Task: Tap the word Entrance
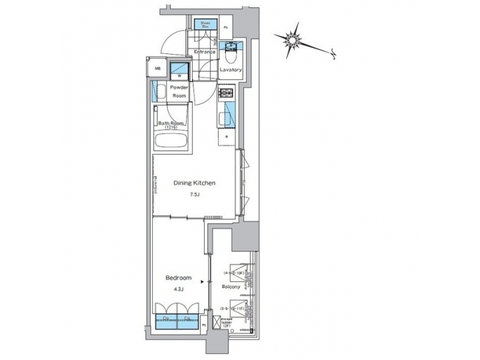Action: (x=205, y=51)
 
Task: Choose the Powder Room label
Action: (x=179, y=91)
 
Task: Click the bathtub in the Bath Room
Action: (x=171, y=142)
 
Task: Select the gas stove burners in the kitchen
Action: (x=227, y=94)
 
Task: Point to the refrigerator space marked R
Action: (x=227, y=138)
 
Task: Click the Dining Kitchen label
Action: (x=193, y=183)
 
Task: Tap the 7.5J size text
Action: (x=194, y=195)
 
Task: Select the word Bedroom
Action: (x=179, y=278)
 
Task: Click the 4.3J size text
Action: (x=179, y=289)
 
